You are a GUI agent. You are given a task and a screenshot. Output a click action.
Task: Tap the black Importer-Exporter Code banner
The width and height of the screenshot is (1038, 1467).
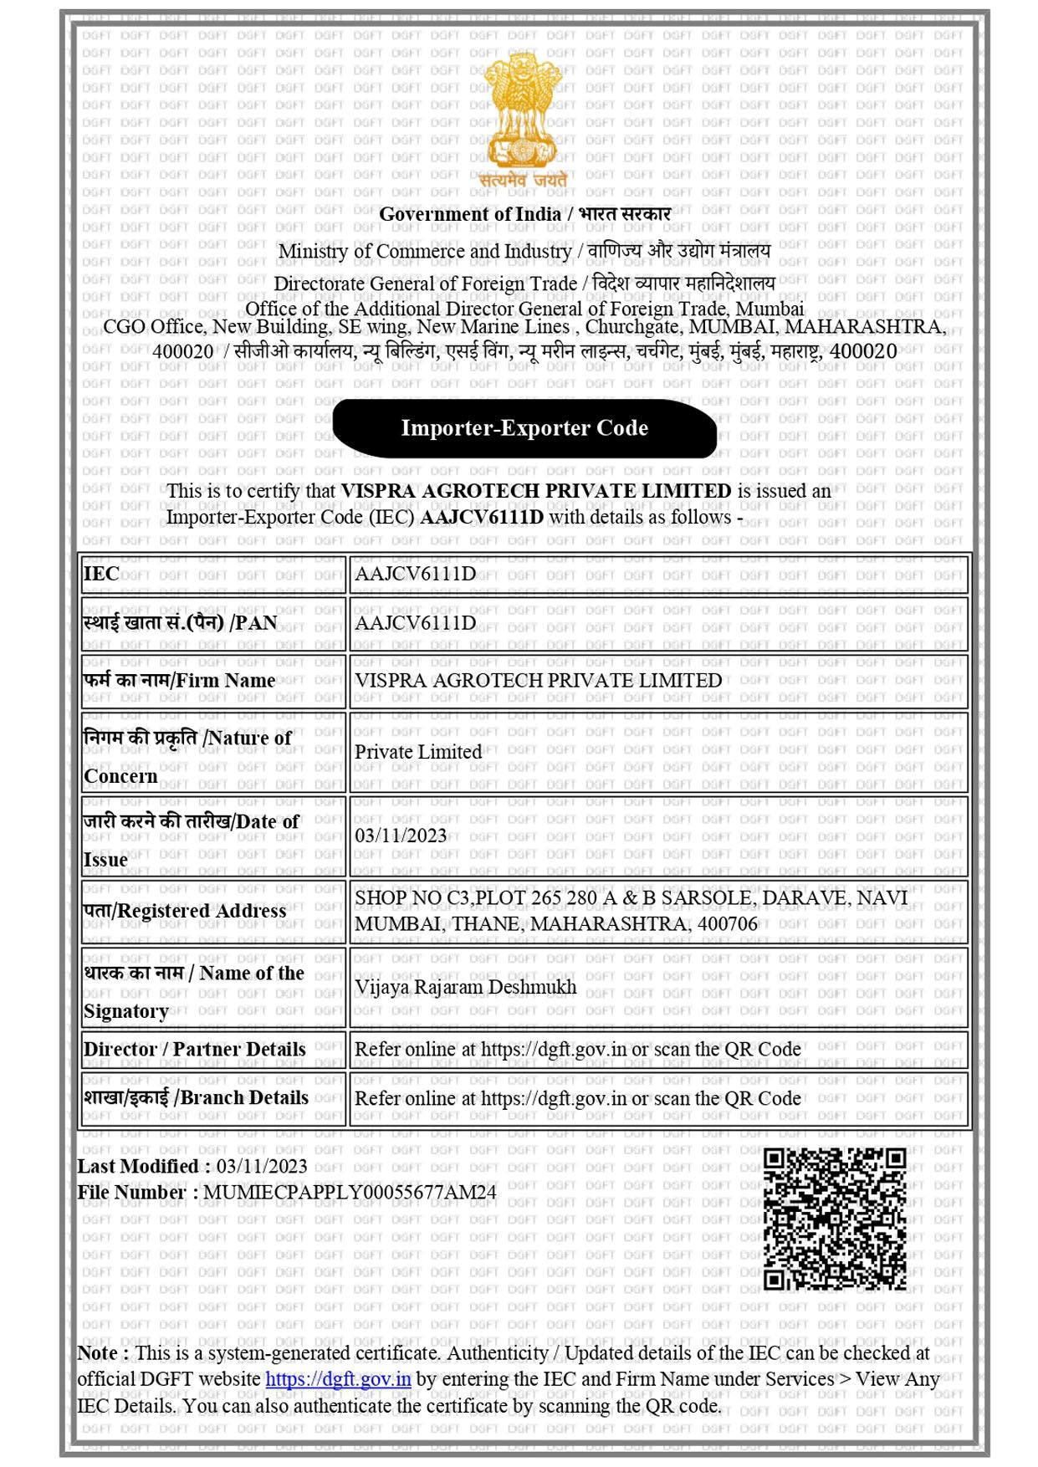pos(524,428)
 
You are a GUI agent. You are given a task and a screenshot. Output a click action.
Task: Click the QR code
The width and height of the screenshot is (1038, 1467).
pos(834,1219)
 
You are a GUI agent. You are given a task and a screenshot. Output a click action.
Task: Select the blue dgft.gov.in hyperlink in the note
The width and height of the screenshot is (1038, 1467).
pos(338,1379)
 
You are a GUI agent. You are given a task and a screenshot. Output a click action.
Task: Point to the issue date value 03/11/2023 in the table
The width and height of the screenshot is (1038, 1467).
pos(401,836)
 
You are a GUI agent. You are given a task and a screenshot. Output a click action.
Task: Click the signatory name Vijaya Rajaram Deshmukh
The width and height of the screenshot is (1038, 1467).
pos(465,987)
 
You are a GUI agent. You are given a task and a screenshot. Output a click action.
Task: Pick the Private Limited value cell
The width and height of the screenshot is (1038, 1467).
pos(418,752)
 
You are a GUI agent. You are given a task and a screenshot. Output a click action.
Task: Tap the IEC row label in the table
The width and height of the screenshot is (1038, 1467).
pos(101,574)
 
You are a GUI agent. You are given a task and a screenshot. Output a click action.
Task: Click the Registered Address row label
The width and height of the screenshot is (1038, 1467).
pos(185,911)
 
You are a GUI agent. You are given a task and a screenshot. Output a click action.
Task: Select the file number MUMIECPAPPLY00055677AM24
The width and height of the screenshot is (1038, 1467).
pos(350,1192)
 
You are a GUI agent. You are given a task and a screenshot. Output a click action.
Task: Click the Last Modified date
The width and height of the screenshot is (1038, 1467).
pos(262,1166)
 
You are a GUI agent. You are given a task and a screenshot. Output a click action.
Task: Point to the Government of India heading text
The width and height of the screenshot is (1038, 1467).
pos(524,214)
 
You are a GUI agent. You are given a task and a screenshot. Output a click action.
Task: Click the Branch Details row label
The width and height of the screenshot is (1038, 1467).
pos(196,1098)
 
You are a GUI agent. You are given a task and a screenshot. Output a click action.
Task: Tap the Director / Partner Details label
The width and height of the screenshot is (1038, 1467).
pos(194,1049)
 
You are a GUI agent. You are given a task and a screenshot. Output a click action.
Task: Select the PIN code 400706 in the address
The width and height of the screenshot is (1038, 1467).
pos(727,924)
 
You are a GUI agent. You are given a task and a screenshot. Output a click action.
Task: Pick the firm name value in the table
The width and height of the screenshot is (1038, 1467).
pos(538,680)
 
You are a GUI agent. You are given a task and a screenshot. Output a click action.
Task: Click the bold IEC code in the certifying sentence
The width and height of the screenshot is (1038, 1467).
pos(481,517)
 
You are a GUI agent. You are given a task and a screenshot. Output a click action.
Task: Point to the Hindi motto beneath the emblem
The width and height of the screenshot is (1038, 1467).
pos(524,180)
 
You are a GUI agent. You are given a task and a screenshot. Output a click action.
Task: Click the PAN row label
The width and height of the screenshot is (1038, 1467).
pos(180,623)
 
